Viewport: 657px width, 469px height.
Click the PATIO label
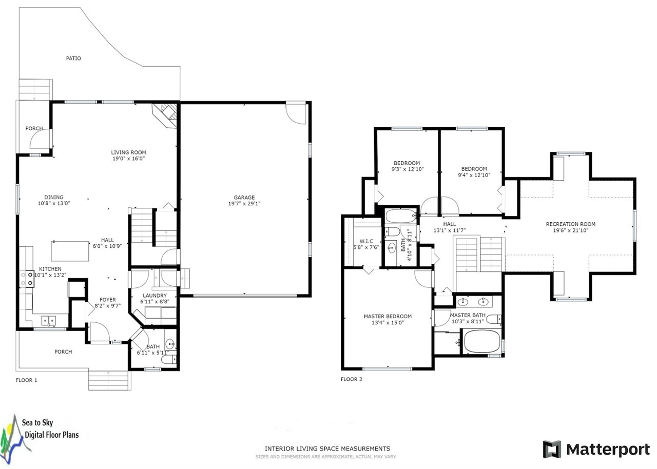pos(73,58)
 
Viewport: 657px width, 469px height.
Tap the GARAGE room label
pos(244,197)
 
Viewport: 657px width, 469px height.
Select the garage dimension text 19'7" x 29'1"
pos(244,203)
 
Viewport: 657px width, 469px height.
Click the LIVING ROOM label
pos(128,152)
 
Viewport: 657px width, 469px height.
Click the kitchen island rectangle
pos(70,251)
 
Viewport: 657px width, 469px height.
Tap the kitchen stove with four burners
pos(27,279)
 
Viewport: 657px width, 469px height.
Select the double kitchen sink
pos(49,320)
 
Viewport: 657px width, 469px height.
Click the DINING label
pos(54,197)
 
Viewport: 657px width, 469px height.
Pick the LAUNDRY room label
pos(154,296)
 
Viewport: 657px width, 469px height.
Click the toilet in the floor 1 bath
pos(169,359)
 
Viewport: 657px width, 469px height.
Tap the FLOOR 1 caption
pos(26,380)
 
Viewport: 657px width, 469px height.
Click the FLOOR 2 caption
pos(352,379)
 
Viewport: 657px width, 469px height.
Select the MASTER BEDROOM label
pos(388,316)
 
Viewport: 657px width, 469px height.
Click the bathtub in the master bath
pos(481,341)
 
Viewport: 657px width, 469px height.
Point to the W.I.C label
pos(366,241)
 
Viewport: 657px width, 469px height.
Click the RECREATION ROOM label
pos(571,224)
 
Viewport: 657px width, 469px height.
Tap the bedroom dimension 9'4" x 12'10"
pos(474,175)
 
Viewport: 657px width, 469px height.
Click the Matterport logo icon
pos(552,449)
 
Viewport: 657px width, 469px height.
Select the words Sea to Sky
pos(37,423)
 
